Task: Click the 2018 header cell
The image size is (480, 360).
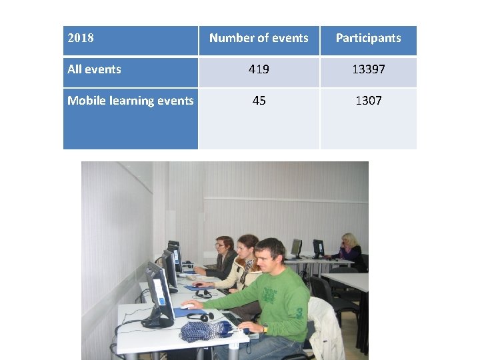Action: coord(81,38)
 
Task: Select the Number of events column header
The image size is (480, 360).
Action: coord(259,38)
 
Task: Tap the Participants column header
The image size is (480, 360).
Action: coord(368,38)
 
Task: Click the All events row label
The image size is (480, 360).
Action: coord(95,69)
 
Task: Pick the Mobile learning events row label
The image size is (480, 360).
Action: coord(131,101)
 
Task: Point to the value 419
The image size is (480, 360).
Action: coord(259,69)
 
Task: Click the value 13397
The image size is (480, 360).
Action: coord(368,69)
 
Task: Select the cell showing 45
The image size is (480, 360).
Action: coord(259,101)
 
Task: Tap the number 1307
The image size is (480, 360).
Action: coord(368,101)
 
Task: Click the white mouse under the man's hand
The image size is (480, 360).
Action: coord(188,306)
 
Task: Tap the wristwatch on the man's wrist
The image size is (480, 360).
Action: coord(265,328)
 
